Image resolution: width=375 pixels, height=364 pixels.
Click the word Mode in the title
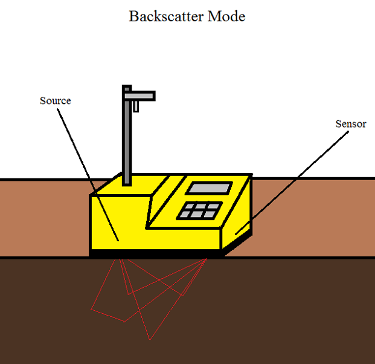pyautogui.click(x=226, y=16)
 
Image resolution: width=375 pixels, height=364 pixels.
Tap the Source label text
pyautogui.click(x=55, y=100)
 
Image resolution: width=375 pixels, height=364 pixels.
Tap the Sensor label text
pyautogui.click(x=351, y=124)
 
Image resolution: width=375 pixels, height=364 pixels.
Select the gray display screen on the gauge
pyautogui.click(x=208, y=188)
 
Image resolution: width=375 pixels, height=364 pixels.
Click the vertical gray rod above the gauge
pyautogui.click(x=126, y=139)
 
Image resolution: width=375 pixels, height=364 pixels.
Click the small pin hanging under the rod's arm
pyautogui.click(x=136, y=106)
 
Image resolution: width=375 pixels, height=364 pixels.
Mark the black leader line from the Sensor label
pyautogui.click(x=296, y=181)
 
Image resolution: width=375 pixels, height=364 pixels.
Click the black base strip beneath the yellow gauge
pyautogui.click(x=157, y=253)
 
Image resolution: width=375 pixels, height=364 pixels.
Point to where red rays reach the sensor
pyautogui.click(x=206, y=258)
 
